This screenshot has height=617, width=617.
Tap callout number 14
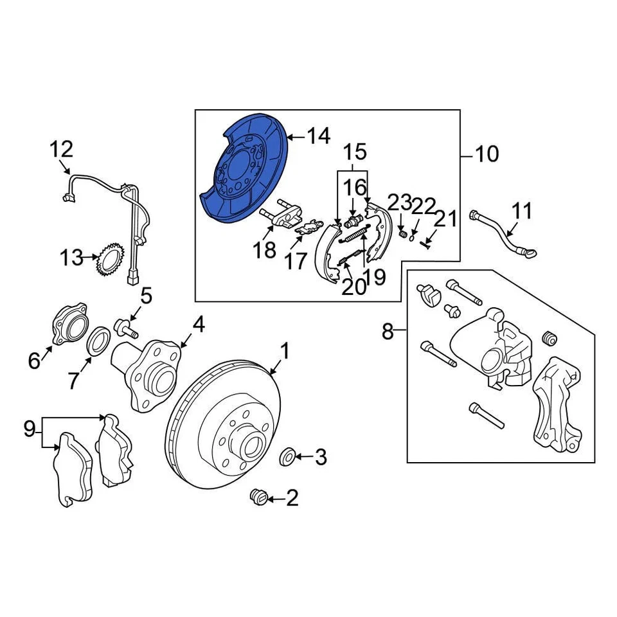[317, 136]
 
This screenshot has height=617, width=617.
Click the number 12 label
[62, 150]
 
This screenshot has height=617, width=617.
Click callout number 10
[487, 154]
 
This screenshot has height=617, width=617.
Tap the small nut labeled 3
[289, 457]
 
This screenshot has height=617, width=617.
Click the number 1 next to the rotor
[284, 351]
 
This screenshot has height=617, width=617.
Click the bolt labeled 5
[127, 329]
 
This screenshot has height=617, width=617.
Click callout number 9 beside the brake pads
[30, 429]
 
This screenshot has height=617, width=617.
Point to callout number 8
[388, 332]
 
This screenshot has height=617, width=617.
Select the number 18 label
[264, 249]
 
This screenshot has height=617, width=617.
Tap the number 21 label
[446, 219]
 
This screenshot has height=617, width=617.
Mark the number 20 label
[353, 287]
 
